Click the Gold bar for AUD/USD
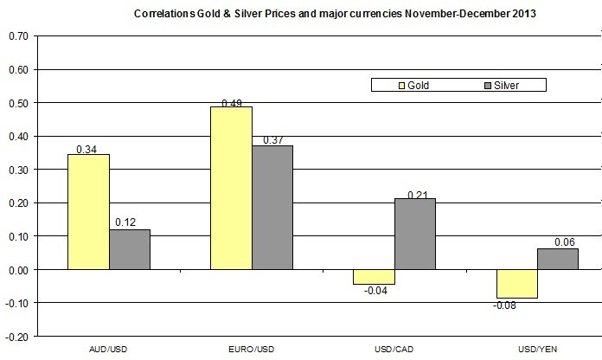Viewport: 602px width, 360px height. pos(88,212)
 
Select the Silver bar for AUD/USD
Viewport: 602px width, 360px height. pos(130,249)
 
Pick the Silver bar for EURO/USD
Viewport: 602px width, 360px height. pos(272,208)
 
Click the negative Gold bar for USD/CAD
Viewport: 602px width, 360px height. pos(374,277)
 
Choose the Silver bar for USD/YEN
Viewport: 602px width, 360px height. pos(557,259)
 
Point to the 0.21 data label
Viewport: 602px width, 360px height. pos(417,192)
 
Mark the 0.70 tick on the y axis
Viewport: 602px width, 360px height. pos(16,36)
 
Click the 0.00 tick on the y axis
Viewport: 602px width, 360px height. pos(16,270)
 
